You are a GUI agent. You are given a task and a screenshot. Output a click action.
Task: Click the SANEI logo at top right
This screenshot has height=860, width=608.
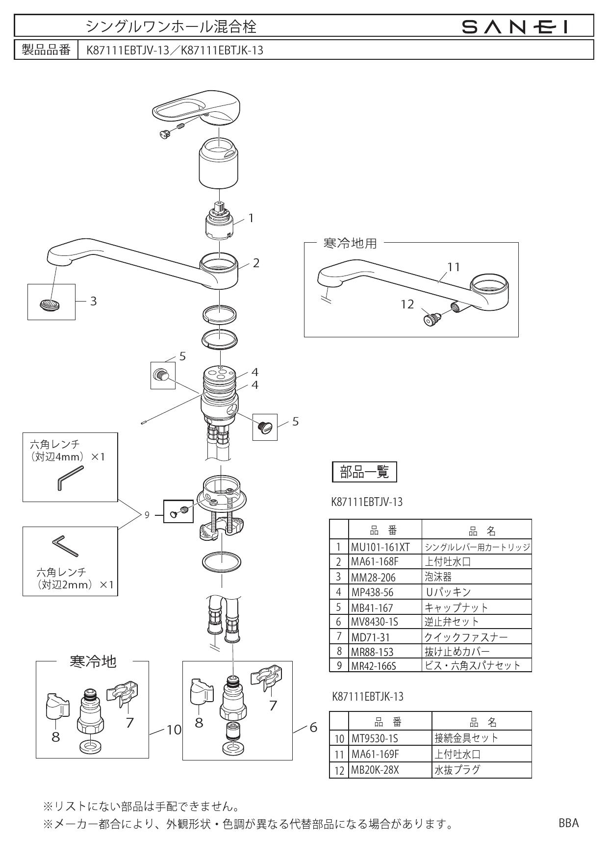click(x=515, y=26)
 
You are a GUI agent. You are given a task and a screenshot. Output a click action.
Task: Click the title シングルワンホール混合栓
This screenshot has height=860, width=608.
click(x=171, y=26)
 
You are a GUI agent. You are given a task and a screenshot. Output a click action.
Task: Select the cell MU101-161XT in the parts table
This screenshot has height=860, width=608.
click(x=380, y=547)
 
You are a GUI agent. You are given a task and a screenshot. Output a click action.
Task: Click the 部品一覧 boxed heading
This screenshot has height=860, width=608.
click(x=364, y=472)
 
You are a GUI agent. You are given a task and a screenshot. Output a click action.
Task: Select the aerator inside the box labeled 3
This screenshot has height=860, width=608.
click(x=51, y=305)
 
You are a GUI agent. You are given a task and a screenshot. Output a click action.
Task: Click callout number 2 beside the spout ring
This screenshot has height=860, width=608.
click(x=256, y=263)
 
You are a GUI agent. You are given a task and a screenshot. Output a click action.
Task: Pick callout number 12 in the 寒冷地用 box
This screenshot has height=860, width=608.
click(x=407, y=304)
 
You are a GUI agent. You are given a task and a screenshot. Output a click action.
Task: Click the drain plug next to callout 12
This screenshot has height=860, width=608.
click(x=432, y=319)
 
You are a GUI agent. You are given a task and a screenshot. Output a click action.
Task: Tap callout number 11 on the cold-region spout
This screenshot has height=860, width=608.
click(x=454, y=267)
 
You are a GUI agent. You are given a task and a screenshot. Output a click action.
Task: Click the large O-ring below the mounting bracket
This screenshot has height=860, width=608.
click(x=222, y=561)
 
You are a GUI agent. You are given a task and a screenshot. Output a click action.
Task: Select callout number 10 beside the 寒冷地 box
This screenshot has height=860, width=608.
click(x=174, y=730)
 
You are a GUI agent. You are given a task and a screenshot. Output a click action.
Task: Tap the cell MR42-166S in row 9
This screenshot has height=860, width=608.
click(x=374, y=666)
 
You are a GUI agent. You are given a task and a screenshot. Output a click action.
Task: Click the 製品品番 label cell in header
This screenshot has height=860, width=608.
click(x=47, y=50)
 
